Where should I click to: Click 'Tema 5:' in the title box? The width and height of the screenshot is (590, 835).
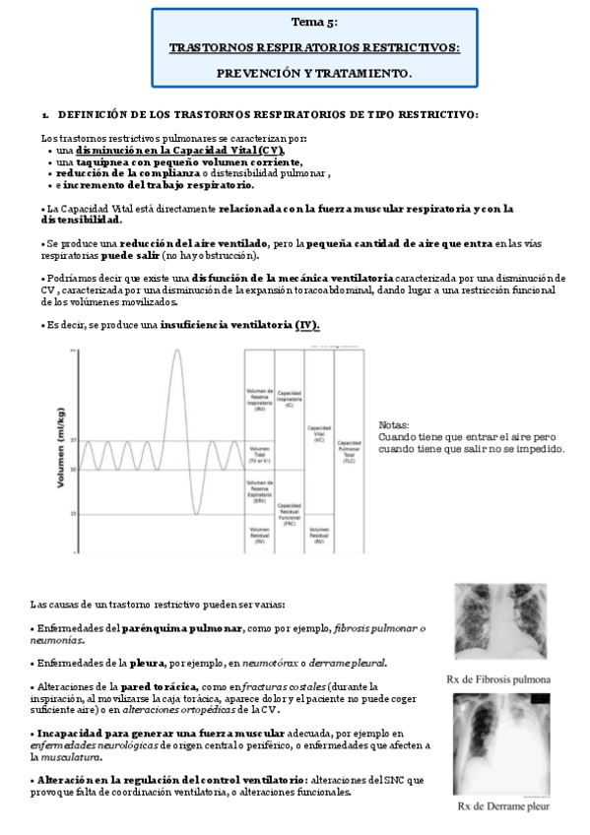click(x=314, y=21)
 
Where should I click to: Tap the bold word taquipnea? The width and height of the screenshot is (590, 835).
click(x=96, y=162)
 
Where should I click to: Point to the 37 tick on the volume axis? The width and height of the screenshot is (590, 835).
click(x=73, y=440)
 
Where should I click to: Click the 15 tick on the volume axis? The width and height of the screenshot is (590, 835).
click(x=73, y=514)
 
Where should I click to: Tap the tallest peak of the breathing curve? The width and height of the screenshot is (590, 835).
click(x=176, y=351)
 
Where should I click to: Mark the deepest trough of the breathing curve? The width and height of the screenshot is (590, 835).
click(x=195, y=514)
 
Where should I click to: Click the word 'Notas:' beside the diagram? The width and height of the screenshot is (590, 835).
click(x=393, y=425)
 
